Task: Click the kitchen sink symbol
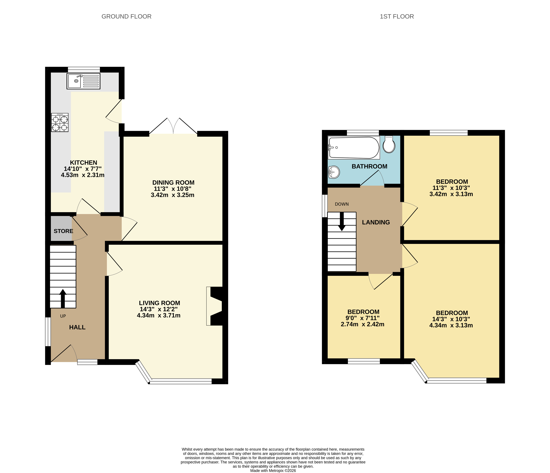[x=83, y=81]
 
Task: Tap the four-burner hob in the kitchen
[x=60, y=123]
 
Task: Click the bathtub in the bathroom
[x=354, y=148]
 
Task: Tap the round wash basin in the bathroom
[x=334, y=172]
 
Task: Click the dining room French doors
[x=173, y=126]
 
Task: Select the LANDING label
[x=376, y=222]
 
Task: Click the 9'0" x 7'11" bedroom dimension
[x=362, y=318]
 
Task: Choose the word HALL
[x=77, y=327]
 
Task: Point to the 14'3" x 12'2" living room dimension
[x=159, y=309]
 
